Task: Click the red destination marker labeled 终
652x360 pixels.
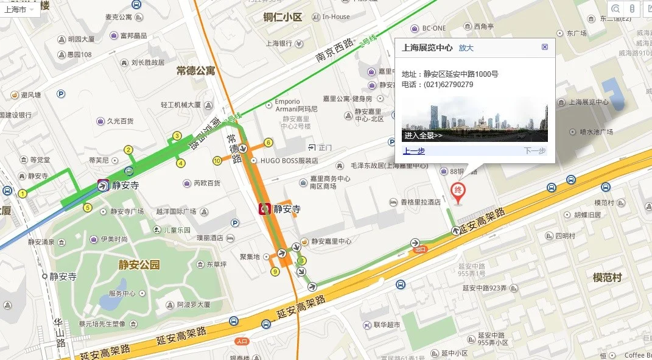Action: click(x=458, y=191)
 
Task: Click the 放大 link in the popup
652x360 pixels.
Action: click(x=466, y=48)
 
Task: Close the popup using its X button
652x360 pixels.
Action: click(x=545, y=47)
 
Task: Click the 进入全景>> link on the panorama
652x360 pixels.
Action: click(x=423, y=135)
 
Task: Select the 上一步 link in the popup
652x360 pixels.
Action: click(x=413, y=151)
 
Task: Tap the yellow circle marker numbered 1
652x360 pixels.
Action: click(x=23, y=194)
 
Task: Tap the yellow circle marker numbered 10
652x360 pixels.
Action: click(x=217, y=161)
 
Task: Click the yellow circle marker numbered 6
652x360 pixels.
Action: click(x=268, y=143)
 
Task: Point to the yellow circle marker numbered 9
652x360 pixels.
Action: click(x=275, y=271)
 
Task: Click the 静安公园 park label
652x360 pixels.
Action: click(x=139, y=264)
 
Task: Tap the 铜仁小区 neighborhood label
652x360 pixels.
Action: click(x=282, y=17)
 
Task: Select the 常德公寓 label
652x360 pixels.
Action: click(x=196, y=71)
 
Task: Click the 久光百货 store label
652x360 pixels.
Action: click(x=120, y=121)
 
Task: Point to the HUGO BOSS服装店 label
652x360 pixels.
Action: click(x=289, y=161)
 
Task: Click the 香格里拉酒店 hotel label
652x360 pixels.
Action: click(x=420, y=202)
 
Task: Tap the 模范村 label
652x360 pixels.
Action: click(x=607, y=277)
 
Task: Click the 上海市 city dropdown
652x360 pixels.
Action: click(x=20, y=10)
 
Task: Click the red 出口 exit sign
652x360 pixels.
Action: click(x=419, y=249)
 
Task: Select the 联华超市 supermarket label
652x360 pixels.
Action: click(x=388, y=325)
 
